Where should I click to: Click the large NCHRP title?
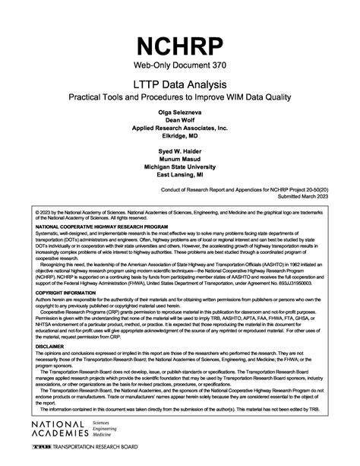(180, 45)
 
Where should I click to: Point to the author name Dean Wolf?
(180, 119)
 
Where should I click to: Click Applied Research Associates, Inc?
(180, 128)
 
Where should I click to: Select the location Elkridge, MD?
(180, 136)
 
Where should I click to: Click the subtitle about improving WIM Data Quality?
(180, 98)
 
